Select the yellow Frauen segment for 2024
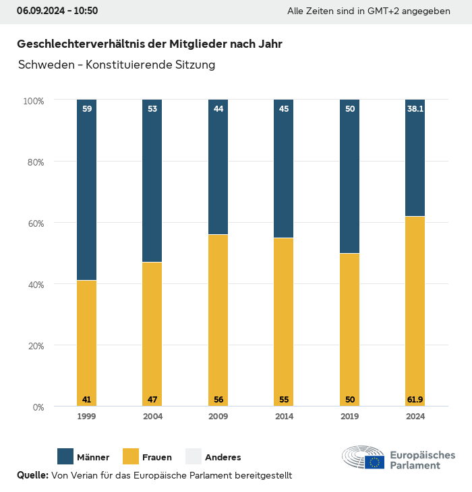pyautogui.click(x=415, y=310)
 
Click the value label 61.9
pyautogui.click(x=415, y=400)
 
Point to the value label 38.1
pyautogui.click(x=415, y=108)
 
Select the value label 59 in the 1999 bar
pyautogui.click(x=86, y=108)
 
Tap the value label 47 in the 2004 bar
pyautogui.click(x=152, y=400)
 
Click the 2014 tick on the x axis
pyautogui.click(x=284, y=417)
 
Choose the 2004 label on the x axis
pyautogui.click(x=152, y=417)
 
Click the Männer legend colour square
pyautogui.click(x=65, y=456)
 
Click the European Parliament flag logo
pyautogui.click(x=375, y=462)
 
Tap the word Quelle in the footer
pyautogui.click(x=32, y=475)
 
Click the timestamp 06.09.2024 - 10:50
pyautogui.click(x=57, y=11)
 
